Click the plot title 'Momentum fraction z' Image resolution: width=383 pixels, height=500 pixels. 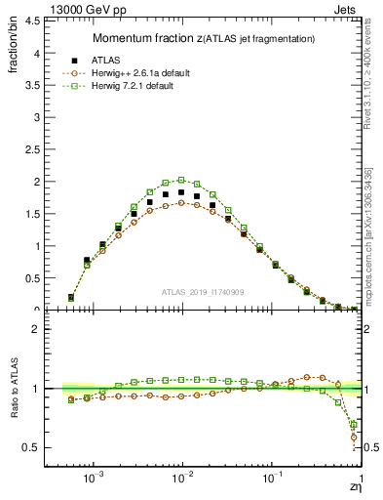click(146, 38)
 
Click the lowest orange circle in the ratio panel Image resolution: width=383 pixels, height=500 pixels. click(353, 437)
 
